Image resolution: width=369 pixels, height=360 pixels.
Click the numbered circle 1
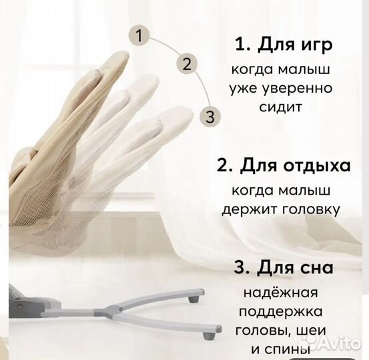coord(139,36)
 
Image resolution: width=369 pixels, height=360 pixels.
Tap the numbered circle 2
coord(187,64)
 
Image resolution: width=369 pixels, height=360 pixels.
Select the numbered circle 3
coord(210,117)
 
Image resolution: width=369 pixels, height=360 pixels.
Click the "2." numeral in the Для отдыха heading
coord(226,163)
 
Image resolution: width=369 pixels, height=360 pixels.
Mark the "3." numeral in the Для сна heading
coord(238,269)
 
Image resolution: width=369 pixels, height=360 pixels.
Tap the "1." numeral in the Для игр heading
coord(242,45)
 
